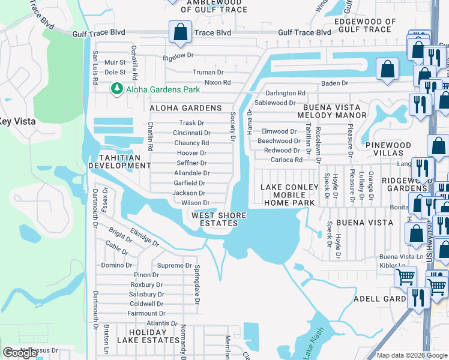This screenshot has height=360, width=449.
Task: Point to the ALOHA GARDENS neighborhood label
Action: click(185, 108)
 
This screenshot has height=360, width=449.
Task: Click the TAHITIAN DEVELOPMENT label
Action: click(119, 161)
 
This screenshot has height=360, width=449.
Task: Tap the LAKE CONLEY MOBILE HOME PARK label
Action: click(288, 195)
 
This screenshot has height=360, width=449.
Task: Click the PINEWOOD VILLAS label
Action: click(388, 149)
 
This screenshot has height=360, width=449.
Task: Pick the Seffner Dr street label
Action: click(191, 163)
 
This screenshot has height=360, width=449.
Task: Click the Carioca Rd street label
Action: click(286, 160)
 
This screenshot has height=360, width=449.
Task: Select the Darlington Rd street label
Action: click(286, 93)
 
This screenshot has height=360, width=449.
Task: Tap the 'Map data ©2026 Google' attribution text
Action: click(412, 355)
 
